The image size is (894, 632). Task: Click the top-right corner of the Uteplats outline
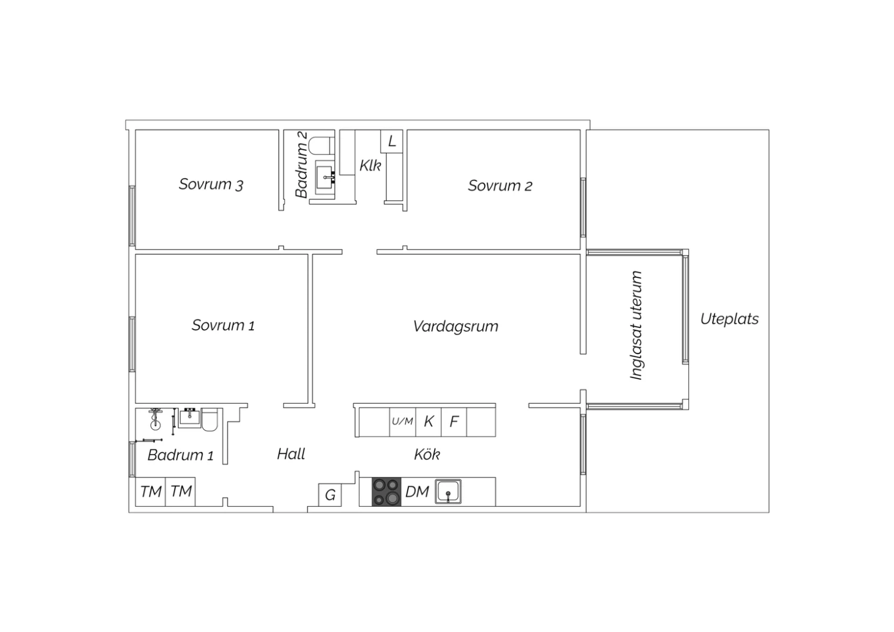point(769,130)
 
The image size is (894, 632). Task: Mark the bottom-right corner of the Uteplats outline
point(769,512)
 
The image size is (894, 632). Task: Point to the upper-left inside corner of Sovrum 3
point(136,130)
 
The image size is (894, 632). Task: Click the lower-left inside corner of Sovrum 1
point(136,403)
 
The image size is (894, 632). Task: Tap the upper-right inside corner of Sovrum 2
point(580,130)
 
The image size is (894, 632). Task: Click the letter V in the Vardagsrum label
point(418,326)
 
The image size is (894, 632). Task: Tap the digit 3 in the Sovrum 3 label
point(239,185)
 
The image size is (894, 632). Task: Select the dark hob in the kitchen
point(386,491)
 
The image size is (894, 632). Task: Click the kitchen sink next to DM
point(448,491)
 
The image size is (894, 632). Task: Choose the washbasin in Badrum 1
point(190,417)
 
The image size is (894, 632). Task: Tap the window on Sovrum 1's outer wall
point(132,344)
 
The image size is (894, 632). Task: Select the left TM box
point(150,491)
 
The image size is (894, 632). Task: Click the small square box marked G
point(330,495)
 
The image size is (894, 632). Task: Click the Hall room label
point(291,454)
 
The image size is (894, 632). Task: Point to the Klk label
point(370,165)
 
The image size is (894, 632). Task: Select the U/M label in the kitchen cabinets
point(402,421)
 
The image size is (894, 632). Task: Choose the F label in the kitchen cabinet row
point(454,421)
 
